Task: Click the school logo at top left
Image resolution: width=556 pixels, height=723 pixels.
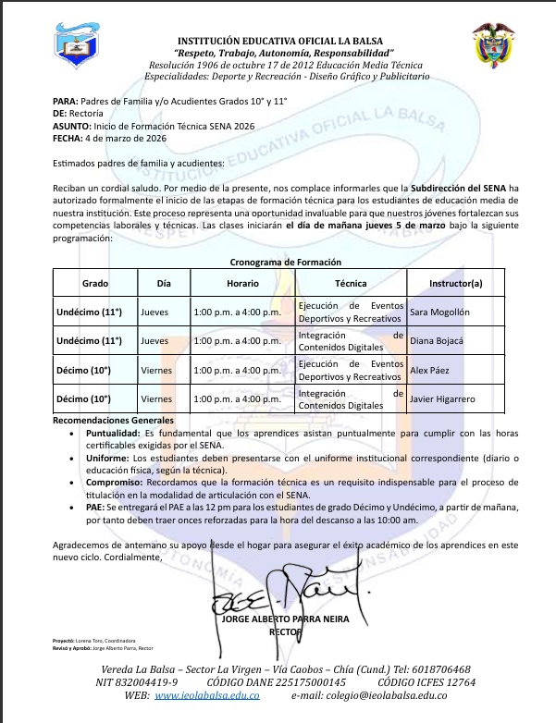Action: [x=84, y=54]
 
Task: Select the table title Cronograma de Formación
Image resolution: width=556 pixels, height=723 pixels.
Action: [x=278, y=263]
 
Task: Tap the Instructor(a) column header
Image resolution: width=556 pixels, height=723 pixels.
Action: [x=456, y=283]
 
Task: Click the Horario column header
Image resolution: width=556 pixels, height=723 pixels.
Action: [x=242, y=283]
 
